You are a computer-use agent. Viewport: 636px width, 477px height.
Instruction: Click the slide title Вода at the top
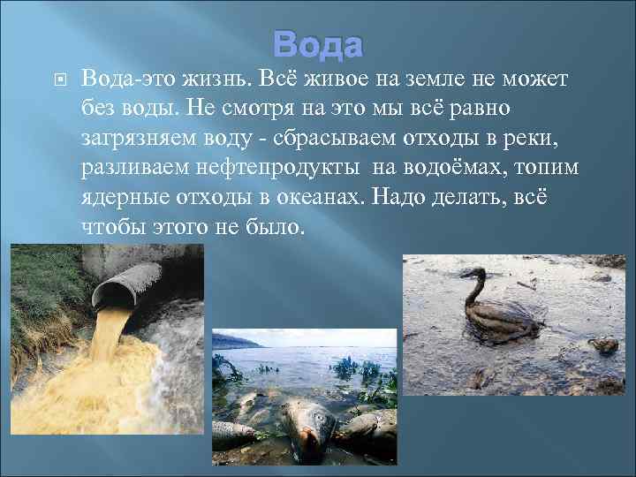[x=317, y=43]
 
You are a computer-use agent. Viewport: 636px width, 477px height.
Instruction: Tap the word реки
[x=546, y=137]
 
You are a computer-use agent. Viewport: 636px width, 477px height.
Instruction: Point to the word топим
[x=552, y=166]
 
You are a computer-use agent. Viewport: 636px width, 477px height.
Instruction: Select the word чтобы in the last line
[x=115, y=225]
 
